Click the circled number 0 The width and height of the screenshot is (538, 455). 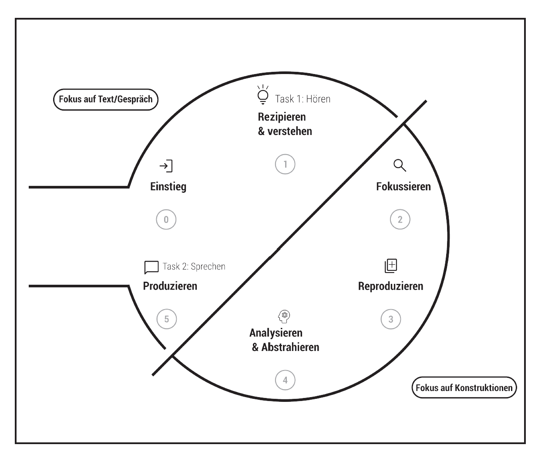(x=166, y=219)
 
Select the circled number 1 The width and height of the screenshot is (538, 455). (x=285, y=164)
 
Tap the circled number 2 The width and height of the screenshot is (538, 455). (x=400, y=219)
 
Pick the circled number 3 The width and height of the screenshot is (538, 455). (x=391, y=319)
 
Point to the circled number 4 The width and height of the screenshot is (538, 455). (x=285, y=380)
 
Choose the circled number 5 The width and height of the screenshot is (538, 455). (x=167, y=319)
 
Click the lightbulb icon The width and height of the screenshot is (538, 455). (x=263, y=94)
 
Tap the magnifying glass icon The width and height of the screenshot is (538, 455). (x=400, y=165)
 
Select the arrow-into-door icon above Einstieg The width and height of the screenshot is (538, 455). (x=166, y=166)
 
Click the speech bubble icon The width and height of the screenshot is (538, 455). (x=151, y=267)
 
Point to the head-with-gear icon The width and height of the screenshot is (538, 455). (x=284, y=317)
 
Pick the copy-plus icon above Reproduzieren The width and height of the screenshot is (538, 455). (x=391, y=266)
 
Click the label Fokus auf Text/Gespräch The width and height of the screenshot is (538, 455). (x=106, y=99)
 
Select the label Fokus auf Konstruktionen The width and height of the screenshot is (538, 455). (x=464, y=388)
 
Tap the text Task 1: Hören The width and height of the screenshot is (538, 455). (x=303, y=99)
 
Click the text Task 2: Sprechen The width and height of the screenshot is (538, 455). (x=194, y=266)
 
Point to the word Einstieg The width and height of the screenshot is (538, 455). (x=168, y=187)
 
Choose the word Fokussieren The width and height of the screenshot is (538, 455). (x=403, y=186)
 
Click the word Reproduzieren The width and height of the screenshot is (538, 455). (x=391, y=286)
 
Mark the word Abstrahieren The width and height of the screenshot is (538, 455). (x=290, y=347)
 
